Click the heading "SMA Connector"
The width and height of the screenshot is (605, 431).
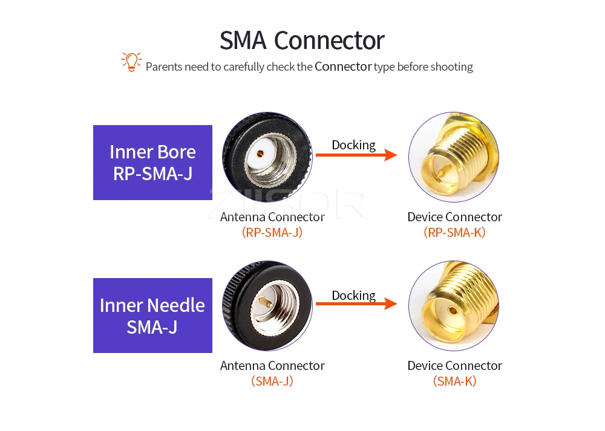302,41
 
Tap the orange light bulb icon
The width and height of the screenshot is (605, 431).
131,62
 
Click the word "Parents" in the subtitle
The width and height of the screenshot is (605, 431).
163,67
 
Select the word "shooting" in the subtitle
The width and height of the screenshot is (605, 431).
451,67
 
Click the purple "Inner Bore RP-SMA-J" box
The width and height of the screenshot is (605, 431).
152,163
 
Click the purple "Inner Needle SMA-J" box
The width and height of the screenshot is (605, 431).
152,316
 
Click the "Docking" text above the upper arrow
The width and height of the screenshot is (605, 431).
353,145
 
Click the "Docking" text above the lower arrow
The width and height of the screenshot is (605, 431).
353,296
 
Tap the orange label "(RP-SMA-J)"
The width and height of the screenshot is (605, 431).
272,232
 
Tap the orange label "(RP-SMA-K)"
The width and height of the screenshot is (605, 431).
454,232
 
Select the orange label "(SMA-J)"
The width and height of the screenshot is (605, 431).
272,381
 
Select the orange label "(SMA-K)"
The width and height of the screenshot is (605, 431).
454,381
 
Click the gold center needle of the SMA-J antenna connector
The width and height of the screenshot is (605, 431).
264,300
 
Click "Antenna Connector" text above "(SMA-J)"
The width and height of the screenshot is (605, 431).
272,366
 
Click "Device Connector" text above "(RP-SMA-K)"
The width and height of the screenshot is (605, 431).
454,217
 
